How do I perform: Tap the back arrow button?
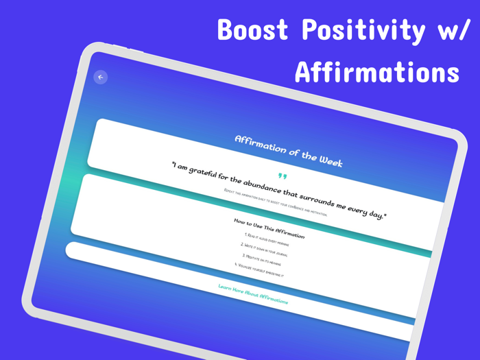click(101, 77)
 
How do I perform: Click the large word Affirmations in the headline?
click(376, 72)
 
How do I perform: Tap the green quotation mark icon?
click(280, 176)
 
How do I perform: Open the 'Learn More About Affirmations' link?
click(253, 293)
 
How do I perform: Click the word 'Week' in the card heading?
click(329, 160)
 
